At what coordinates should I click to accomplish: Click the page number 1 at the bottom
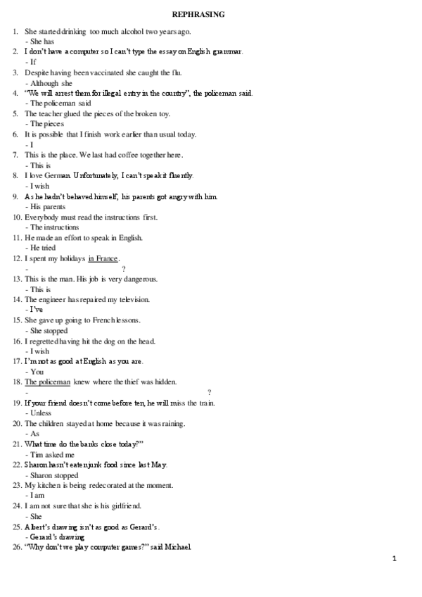(x=395, y=559)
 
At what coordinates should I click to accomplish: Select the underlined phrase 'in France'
(x=103, y=258)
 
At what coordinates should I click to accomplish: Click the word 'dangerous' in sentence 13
(x=142, y=279)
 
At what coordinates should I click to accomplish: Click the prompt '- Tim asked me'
(x=49, y=455)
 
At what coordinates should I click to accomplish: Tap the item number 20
(x=17, y=423)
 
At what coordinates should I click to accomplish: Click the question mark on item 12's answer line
(x=124, y=269)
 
